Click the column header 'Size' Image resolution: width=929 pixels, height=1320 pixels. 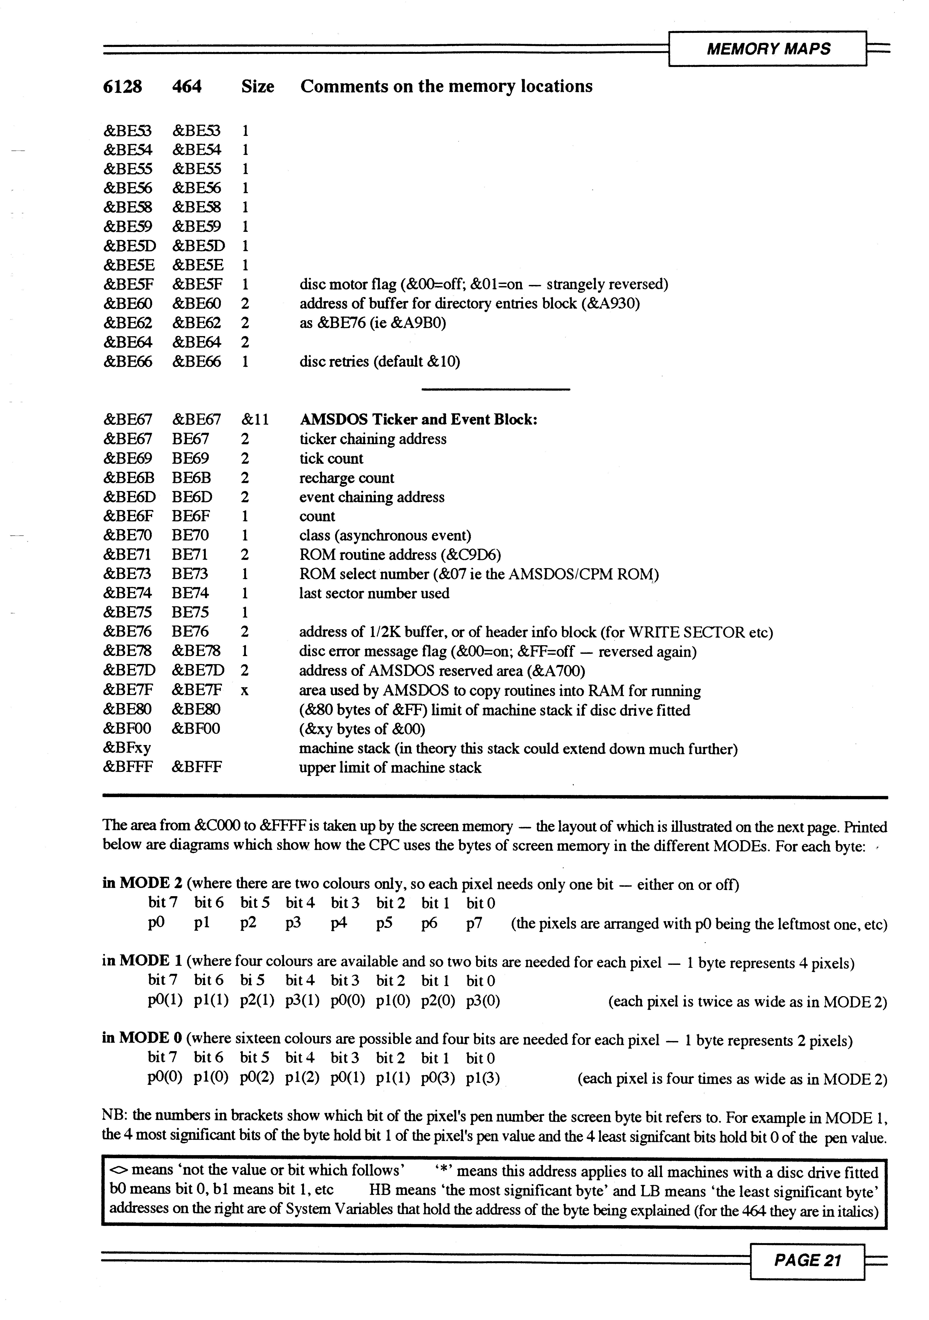click(x=257, y=87)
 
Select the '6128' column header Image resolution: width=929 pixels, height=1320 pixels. click(x=123, y=87)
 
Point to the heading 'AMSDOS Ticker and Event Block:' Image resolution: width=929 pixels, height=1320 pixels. click(x=419, y=420)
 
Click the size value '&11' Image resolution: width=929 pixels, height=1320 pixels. click(x=255, y=420)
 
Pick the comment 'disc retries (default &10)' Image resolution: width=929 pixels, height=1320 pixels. click(x=379, y=362)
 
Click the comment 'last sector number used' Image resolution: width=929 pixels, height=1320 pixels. click(x=374, y=593)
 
